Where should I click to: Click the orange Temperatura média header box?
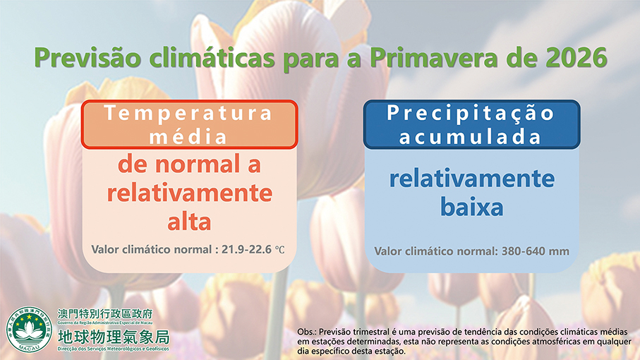189,124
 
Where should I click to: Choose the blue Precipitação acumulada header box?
472,124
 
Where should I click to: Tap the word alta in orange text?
189,222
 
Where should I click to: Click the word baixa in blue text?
472,208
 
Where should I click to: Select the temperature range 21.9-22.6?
246,249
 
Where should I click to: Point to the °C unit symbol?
279,250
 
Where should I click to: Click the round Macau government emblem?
29,330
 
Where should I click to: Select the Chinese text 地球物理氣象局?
114,337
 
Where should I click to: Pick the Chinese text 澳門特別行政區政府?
105,314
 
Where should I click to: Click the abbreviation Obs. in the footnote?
306,332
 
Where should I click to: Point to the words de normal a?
189,164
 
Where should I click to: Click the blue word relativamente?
472,179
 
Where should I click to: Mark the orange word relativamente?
189,193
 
